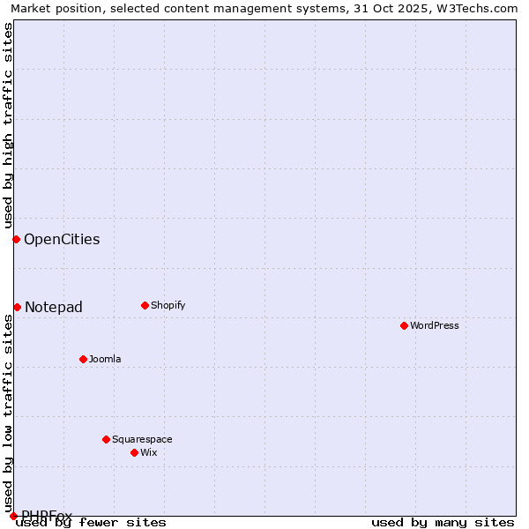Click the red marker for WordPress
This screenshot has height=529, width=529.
[x=404, y=325]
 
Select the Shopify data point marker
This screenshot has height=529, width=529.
[x=145, y=305]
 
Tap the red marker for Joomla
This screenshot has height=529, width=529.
[x=83, y=359]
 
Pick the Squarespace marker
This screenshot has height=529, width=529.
[x=106, y=439]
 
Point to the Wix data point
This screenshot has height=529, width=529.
[x=134, y=452]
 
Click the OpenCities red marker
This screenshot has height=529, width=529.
[x=16, y=239]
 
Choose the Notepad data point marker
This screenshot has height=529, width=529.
[x=17, y=307]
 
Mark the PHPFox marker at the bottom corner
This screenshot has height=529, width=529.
[x=13, y=516]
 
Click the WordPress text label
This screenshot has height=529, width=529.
[x=435, y=326]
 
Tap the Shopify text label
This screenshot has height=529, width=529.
[x=168, y=306]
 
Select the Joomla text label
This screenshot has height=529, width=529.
[x=105, y=360]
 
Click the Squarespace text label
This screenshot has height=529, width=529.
[x=142, y=440]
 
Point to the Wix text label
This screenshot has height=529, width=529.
[x=149, y=453]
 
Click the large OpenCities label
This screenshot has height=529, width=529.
[x=62, y=240]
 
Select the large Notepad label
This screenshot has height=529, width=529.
[x=54, y=308]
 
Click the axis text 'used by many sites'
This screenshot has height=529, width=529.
[x=443, y=523]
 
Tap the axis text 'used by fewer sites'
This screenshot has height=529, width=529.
[x=92, y=523]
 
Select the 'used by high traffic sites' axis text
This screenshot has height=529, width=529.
[x=8, y=123]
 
